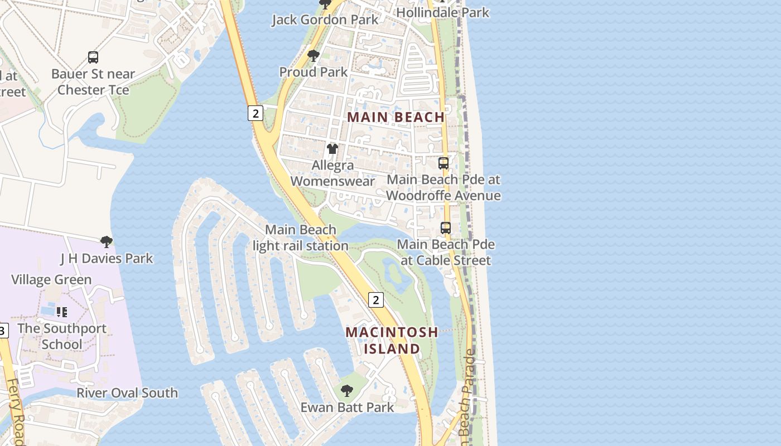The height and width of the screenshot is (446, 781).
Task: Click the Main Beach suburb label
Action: [396, 117]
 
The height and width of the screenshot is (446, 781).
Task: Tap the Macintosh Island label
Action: [392, 340]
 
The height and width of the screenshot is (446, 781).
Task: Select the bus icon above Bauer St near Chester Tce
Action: [93, 57]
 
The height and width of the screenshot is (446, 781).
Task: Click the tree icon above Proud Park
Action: [314, 56]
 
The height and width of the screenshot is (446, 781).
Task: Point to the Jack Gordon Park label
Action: [325, 20]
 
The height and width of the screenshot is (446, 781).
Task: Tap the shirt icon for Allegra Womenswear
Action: [332, 149]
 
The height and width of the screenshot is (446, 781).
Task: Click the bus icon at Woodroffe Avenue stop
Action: [443, 163]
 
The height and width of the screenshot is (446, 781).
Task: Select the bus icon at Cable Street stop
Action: [446, 228]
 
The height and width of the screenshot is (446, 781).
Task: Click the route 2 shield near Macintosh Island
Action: [376, 300]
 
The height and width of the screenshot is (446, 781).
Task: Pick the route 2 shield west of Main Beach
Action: [255, 113]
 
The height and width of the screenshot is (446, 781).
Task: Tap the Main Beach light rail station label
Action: [301, 237]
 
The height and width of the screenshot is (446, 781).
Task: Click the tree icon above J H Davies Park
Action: [107, 242]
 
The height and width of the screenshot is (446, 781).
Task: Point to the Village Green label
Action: [51, 279]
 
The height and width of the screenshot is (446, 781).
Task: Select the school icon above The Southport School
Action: [62, 312]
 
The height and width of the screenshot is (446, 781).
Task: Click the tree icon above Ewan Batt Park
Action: [347, 391]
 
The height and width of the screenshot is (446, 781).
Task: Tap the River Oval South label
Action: [127, 392]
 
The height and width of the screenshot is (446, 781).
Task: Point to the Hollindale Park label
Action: [443, 12]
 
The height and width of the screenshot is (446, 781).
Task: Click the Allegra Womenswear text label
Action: [332, 173]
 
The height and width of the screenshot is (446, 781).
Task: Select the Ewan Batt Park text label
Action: [347, 407]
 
